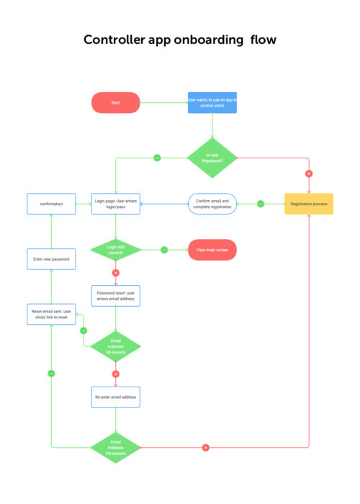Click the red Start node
pos(115,103)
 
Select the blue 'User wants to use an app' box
pos(212,102)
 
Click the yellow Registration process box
pos(309,204)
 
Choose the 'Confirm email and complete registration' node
pos(212,204)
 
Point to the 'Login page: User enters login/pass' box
pos(115,204)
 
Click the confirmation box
pos(51,204)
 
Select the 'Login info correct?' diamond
pos(115,250)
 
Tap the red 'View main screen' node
pos(212,250)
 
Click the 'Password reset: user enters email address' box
pos(115,296)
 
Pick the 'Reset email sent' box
pos(51,314)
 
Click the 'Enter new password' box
pos(51,258)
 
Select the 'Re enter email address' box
pos(115,397)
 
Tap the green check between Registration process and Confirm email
pos(261,204)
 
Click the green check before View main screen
pos(164,250)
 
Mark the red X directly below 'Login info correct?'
pos(115,273)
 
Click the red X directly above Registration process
pos(309,174)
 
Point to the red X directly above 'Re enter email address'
pos(115,374)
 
